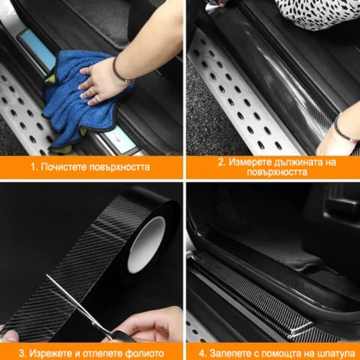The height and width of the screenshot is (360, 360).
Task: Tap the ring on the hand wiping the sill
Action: point(98,98)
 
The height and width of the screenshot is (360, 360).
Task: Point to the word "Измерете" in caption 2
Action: point(250,162)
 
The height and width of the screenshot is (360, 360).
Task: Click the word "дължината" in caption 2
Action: point(298,163)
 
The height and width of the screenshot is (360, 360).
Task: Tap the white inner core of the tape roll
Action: point(146,245)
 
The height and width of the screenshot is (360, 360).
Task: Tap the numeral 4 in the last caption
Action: point(202,353)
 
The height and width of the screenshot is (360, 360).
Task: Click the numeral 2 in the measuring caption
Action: point(220,162)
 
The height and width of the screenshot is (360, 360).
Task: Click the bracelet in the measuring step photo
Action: point(344,128)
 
